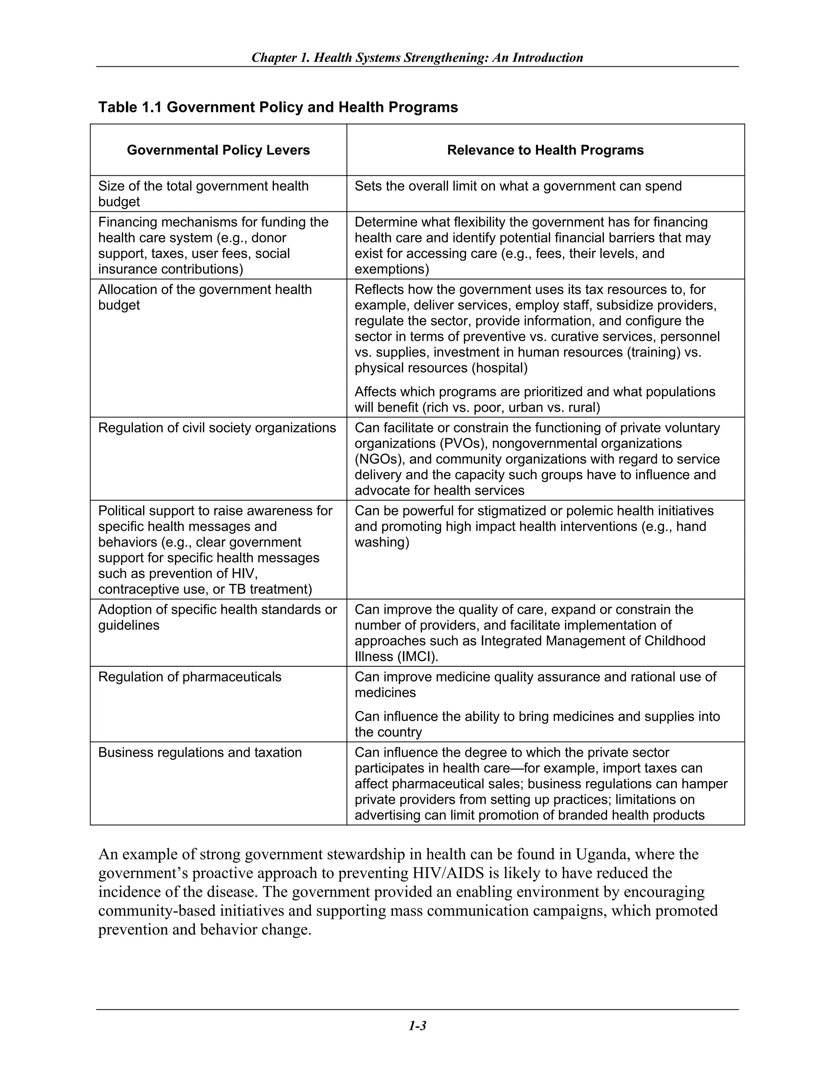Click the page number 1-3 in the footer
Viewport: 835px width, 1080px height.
[x=417, y=1026]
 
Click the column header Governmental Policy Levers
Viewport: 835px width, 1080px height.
[x=218, y=150]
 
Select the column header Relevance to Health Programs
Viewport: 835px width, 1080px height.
[x=545, y=150]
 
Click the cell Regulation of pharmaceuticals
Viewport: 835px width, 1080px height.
[x=190, y=677]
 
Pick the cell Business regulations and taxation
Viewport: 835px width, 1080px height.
[x=200, y=753]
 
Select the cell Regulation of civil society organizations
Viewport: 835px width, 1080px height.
[x=216, y=428]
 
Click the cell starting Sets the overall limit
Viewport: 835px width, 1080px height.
[x=518, y=186]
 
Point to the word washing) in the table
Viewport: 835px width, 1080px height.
[x=382, y=542]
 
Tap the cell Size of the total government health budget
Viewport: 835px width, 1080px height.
[x=203, y=194]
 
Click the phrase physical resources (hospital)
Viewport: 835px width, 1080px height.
[x=441, y=368]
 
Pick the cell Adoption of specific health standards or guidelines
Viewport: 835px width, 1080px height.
[x=217, y=617]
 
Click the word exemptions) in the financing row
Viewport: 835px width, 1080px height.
[x=391, y=269]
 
